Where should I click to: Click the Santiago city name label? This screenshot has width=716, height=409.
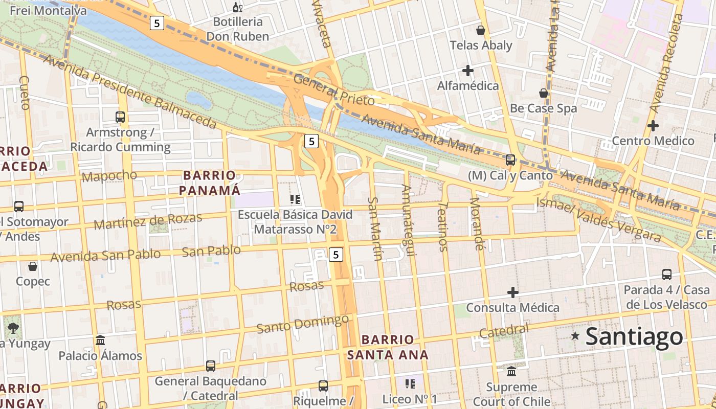pos(634,336)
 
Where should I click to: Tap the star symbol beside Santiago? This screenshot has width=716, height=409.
pos(575,336)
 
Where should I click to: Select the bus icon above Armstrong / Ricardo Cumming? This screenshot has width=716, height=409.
pos(120,117)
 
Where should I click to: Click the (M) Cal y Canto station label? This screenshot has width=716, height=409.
pos(510,175)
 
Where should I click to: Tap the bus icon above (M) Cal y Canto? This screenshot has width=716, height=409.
pos(510,160)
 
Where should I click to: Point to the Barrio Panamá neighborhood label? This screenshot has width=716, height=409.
pos(211,183)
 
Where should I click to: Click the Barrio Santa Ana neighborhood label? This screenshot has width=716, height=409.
pos(388,347)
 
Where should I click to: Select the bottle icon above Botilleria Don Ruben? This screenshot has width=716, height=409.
pos(237,7)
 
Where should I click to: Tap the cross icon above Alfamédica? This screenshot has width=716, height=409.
pos(467,71)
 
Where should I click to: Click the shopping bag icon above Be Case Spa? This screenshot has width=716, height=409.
pos(544,93)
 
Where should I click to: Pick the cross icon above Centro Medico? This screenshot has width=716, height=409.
pos(653,125)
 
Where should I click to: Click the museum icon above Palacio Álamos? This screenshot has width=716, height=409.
pos(100,340)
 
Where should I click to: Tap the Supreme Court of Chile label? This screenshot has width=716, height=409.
pos(511,394)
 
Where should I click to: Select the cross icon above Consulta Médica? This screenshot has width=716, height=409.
pos(513,292)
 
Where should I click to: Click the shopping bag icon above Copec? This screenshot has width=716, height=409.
pos(33,266)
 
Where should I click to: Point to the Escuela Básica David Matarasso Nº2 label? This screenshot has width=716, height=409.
pos(295,222)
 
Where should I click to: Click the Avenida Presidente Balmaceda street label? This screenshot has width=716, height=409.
pos(130,92)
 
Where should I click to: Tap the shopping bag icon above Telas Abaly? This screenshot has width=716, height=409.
pos(480,30)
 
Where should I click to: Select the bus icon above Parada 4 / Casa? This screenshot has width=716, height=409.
pos(667,275)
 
